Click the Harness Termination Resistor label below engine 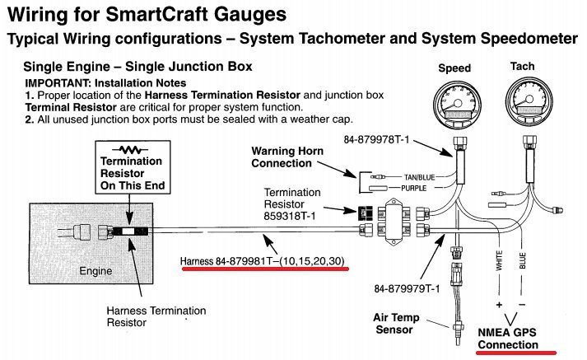[156, 316]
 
